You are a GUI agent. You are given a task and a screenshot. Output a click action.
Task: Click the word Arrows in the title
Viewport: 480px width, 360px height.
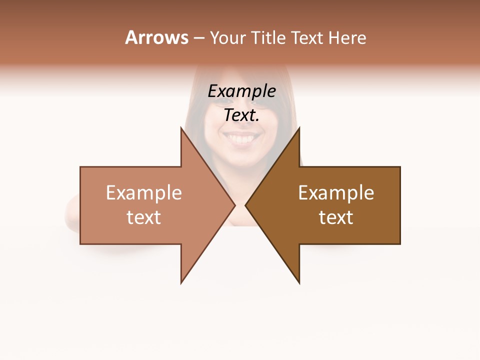(156, 37)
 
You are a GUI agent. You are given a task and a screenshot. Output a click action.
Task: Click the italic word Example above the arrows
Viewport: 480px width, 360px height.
(242, 91)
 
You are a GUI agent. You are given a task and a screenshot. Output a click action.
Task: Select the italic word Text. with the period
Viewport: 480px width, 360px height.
(242, 115)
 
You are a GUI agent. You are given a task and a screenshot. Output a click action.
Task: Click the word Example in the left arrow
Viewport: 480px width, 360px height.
(144, 193)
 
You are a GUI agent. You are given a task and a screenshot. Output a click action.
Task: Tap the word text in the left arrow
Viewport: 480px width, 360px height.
(144, 217)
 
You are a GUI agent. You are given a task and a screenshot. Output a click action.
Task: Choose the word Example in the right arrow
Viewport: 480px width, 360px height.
(336, 193)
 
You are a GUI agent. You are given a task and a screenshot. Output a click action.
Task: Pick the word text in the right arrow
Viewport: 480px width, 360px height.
(336, 217)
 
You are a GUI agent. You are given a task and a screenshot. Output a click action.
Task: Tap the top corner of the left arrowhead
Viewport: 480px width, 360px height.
(181, 128)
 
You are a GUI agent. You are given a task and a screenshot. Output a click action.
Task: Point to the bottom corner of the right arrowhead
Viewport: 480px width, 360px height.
(299, 282)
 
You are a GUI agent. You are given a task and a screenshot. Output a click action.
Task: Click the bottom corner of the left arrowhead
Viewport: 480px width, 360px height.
(181, 282)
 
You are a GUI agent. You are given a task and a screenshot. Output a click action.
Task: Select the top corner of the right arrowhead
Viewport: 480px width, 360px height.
(299, 128)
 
